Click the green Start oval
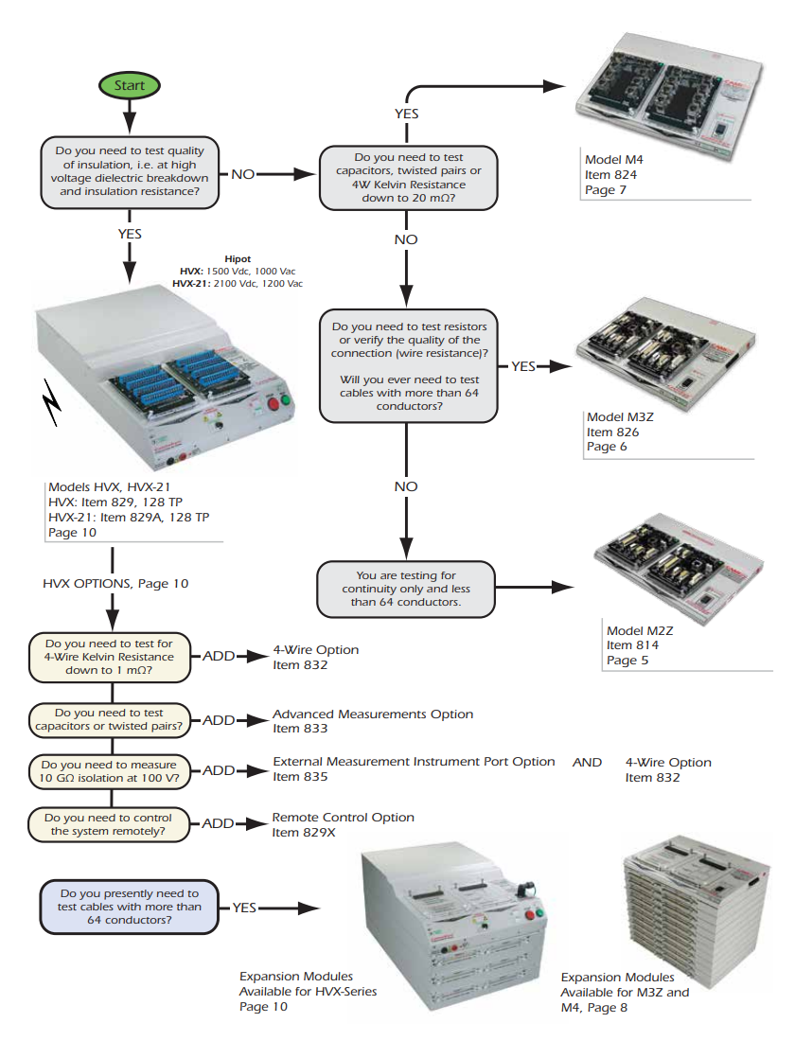pos(130,85)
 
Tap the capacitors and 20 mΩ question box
pos(408,178)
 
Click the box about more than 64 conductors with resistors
pos(408,366)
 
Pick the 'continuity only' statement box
pos(404,588)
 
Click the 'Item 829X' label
pos(302,832)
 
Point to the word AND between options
pos(587,762)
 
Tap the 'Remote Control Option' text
pos(343,817)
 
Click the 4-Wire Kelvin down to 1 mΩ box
pos(110,657)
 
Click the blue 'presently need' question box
pos(129,906)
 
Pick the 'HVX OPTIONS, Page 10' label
pos(115,584)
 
